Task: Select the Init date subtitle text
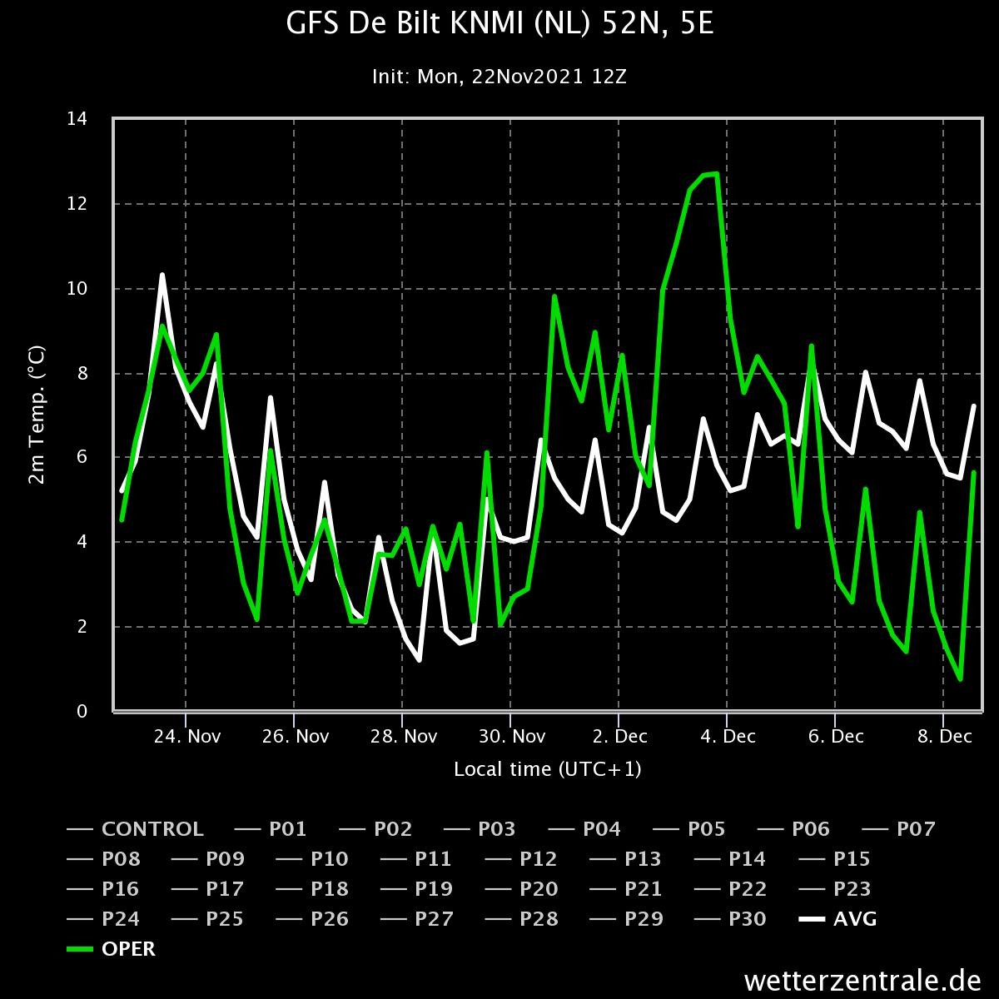click(x=499, y=77)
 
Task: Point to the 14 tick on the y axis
click(x=77, y=119)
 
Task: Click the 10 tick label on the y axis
click(x=77, y=289)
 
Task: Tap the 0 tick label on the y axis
click(x=82, y=711)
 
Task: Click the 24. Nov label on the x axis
click(x=187, y=736)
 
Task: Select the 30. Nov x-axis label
click(x=512, y=736)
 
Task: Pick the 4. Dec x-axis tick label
click(x=728, y=736)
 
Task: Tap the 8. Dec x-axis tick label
click(x=945, y=736)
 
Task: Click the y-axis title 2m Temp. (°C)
click(x=37, y=415)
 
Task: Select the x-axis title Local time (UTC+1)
click(x=548, y=769)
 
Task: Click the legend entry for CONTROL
click(x=135, y=829)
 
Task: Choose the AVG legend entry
click(x=837, y=918)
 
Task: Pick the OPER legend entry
click(x=111, y=949)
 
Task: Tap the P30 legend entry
click(x=730, y=918)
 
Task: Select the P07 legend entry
click(x=898, y=829)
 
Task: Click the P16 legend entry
click(x=102, y=888)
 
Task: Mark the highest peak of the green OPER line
click(x=717, y=174)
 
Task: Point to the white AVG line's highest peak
click(x=162, y=275)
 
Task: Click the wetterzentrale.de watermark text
click(x=862, y=981)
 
